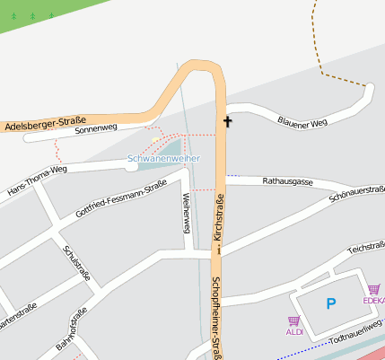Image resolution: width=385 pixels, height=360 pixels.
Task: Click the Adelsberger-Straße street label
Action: pos(45,125)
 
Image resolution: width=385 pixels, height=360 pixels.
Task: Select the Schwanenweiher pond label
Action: pos(163,158)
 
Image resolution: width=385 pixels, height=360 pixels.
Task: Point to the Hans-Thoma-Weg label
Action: pos(37,181)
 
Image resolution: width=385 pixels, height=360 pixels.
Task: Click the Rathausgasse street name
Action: pos(287,181)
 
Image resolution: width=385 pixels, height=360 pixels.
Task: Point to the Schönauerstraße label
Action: pos(357,194)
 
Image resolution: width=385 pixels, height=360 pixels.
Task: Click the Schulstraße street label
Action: pos(77,262)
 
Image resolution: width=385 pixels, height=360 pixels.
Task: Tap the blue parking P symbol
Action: pos(330,304)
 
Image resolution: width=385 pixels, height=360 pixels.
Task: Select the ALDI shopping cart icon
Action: pos(293,320)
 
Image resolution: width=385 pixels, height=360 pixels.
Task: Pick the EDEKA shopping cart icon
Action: pos(372,289)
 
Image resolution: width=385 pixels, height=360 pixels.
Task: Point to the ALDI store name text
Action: pos(294,332)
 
